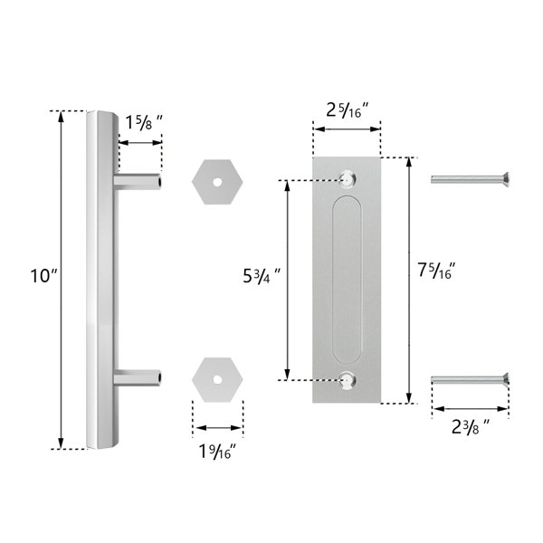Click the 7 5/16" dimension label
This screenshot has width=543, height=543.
(x=438, y=270)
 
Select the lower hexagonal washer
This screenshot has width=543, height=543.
(x=217, y=378)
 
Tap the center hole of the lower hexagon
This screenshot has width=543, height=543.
(x=217, y=378)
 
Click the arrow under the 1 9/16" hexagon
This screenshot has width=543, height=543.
(x=218, y=428)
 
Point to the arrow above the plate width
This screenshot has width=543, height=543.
(x=347, y=129)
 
